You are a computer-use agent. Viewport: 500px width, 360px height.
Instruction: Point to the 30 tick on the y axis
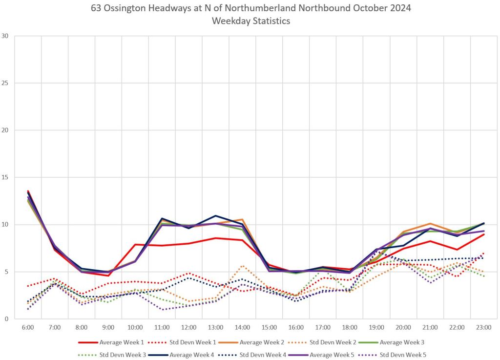pos(5,36)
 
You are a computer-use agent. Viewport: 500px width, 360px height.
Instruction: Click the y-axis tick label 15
pos(5,177)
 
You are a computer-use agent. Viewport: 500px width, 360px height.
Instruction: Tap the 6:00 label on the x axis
pos(28,327)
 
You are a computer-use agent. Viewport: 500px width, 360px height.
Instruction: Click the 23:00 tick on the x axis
pos(483,327)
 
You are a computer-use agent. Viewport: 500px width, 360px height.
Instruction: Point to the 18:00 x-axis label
pos(350,327)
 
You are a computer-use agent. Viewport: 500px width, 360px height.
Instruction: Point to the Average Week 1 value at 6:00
pos(28,191)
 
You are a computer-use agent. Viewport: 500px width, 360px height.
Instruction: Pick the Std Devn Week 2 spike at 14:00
pos(242,266)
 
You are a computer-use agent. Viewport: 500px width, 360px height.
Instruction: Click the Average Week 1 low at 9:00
pos(108,275)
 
